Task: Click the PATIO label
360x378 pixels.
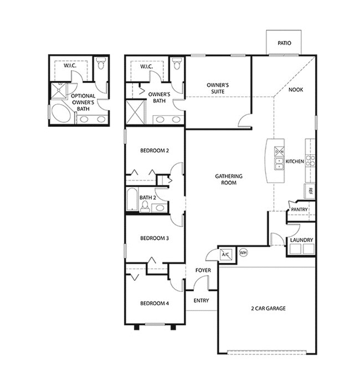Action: coord(284,43)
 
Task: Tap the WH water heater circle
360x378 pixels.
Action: coord(243,252)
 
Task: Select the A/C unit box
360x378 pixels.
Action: coord(226,255)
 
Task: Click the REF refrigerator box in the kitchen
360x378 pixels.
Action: coord(310,191)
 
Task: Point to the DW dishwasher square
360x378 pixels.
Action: coord(279,152)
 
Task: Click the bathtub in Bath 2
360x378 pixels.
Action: coord(132,199)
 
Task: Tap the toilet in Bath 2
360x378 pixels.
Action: coord(145,206)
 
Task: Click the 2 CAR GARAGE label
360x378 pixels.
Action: coord(268,308)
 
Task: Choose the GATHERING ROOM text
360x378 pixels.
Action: coord(229,179)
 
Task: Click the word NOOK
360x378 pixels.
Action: coord(296,90)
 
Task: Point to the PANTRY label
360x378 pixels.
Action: coord(299,210)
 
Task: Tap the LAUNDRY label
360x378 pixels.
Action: coord(301,240)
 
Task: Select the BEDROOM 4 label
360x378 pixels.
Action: coord(155,303)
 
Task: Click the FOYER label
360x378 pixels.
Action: coord(203,270)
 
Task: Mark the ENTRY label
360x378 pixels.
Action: coord(201,301)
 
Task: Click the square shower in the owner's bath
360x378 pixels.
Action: coord(135,112)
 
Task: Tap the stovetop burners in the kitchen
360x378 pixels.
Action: coord(310,160)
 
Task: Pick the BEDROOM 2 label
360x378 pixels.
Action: coord(155,151)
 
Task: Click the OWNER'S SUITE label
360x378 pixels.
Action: coord(218,88)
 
